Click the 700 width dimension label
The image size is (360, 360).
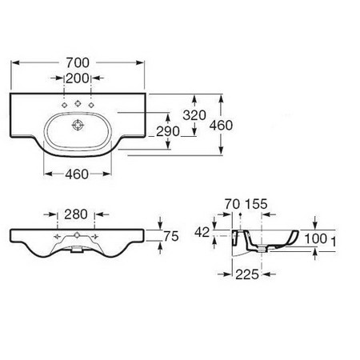click(78, 62)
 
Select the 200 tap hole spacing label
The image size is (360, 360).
click(78, 78)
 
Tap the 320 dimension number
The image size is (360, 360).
click(194, 115)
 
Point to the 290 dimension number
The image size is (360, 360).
click(168, 131)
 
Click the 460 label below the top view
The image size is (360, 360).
click(77, 174)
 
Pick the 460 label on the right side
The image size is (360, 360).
click(221, 126)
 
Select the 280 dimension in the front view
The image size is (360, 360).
click(76, 214)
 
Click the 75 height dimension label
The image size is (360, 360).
click(171, 236)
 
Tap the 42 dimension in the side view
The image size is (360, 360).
click(202, 233)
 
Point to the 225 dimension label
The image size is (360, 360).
click(247, 274)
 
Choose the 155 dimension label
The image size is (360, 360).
click(256, 204)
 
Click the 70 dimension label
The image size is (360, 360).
click(232, 204)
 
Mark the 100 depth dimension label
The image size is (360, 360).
click(316, 238)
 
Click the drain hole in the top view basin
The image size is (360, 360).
click(78, 125)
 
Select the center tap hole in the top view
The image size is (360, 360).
click(78, 103)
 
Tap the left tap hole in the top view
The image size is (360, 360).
click(64, 105)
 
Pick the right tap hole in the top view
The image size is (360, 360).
click(91, 105)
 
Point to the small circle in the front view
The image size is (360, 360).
click(77, 235)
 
